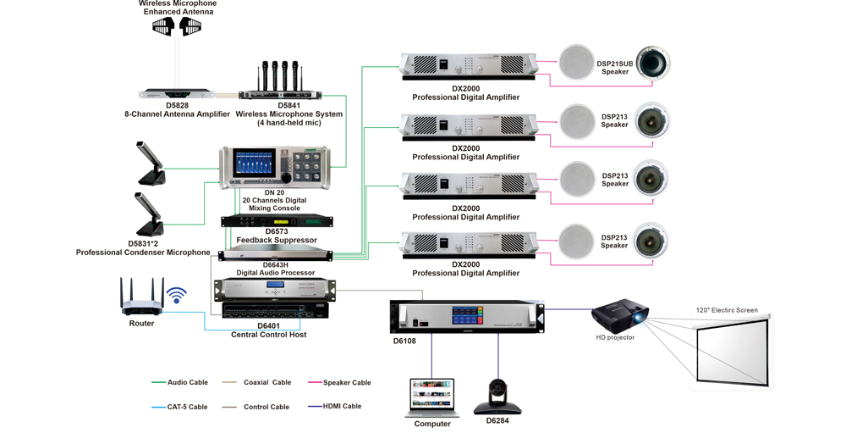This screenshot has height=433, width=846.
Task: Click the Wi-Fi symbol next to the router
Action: point(176,295)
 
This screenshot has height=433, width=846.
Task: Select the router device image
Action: point(141,297)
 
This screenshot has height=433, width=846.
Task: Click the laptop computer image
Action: point(432,397)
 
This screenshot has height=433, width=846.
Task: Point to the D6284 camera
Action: point(497,396)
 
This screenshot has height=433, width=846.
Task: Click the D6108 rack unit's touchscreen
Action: point(467,316)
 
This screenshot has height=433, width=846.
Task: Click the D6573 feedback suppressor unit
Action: point(277,221)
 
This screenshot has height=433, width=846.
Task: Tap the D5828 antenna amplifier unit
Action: point(177,94)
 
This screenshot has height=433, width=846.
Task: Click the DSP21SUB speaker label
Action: point(615,68)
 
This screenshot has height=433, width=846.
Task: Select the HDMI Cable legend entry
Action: point(342,407)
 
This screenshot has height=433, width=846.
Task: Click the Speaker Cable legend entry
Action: point(346,383)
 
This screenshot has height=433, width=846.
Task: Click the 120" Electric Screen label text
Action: point(727,310)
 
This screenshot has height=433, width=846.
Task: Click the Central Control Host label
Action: point(268,335)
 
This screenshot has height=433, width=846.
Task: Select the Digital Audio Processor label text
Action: point(275,273)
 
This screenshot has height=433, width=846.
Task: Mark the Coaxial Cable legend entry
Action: point(266,383)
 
